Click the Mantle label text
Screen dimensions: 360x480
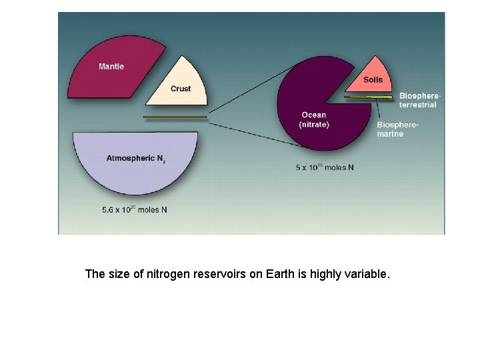pyautogui.click(x=111, y=66)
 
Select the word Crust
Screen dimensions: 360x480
pyautogui.click(x=180, y=89)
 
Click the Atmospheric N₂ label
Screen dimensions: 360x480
pyautogui.click(x=135, y=159)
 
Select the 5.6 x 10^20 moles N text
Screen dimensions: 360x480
pyautogui.click(x=134, y=209)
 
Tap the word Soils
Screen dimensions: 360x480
pyautogui.click(x=373, y=80)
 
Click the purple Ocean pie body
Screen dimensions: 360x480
pyautogui.click(x=313, y=93)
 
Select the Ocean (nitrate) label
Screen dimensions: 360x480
pyautogui.click(x=313, y=119)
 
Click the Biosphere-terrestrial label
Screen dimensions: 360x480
pyautogui.click(x=419, y=100)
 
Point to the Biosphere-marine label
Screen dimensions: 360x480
pyautogui.click(x=399, y=129)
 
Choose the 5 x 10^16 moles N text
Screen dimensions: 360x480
pyautogui.click(x=325, y=167)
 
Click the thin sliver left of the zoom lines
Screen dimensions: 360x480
pyautogui.click(x=175, y=117)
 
